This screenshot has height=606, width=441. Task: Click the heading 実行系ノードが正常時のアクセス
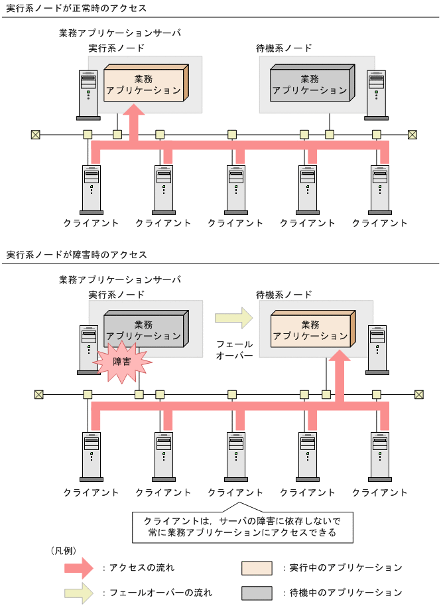point(77,9)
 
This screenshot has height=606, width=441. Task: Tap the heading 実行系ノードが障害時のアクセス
point(77,255)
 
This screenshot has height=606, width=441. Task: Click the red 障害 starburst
point(122,362)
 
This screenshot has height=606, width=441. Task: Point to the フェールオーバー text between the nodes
point(235,350)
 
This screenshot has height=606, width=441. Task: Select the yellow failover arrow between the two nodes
point(234,318)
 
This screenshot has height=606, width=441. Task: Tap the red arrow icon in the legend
point(79,568)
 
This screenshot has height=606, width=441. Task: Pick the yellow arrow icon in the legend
point(79,592)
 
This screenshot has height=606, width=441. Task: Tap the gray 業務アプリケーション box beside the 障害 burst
point(144,330)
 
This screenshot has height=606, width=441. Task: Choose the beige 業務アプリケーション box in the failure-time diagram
point(310,330)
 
